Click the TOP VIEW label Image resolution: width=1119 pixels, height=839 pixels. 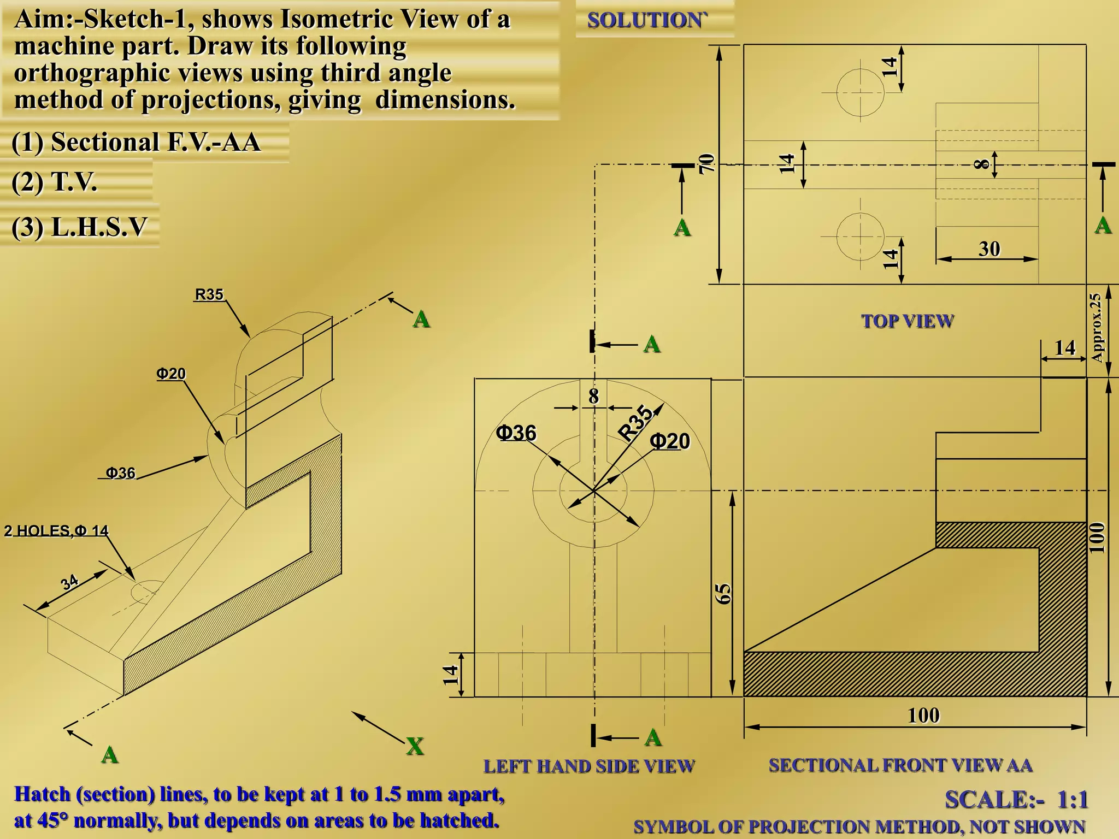pos(908,321)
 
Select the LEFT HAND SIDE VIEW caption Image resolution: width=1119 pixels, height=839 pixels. pos(588,766)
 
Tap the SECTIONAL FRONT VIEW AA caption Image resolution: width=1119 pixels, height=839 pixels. pos(900,765)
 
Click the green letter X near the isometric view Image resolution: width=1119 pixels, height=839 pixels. pos(415,746)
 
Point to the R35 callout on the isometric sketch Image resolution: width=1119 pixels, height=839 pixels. pos(209,295)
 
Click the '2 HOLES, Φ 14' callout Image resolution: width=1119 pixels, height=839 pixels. pos(56,531)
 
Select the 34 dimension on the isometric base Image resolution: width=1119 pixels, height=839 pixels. pos(69,582)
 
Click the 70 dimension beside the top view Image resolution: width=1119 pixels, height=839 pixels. pos(707,163)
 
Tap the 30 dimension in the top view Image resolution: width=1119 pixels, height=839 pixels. pos(989,249)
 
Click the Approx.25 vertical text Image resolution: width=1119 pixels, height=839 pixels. pos(1096,328)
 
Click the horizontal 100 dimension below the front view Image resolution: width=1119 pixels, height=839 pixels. pos(923,716)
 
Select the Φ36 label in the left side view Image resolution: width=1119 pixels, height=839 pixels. pos(516,433)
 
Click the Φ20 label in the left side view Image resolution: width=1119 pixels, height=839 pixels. pos(670,441)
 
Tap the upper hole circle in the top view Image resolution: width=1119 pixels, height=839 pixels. pos(860,92)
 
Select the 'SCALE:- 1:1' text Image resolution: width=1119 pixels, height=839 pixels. pos(1016,800)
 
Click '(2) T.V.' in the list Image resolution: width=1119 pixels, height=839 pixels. pos(55,182)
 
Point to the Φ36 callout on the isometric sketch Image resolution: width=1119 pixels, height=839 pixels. pos(120,472)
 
